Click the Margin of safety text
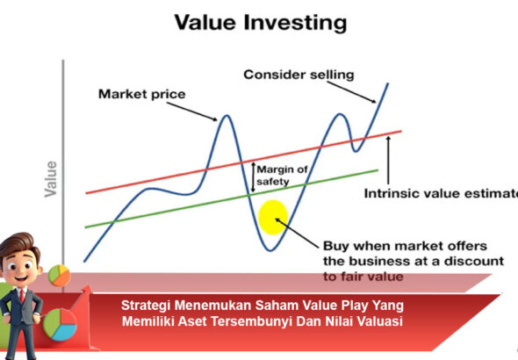pyautogui.click(x=281, y=176)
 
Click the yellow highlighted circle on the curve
pyautogui.click(x=273, y=217)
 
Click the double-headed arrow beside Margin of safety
pyautogui.click(x=251, y=176)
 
